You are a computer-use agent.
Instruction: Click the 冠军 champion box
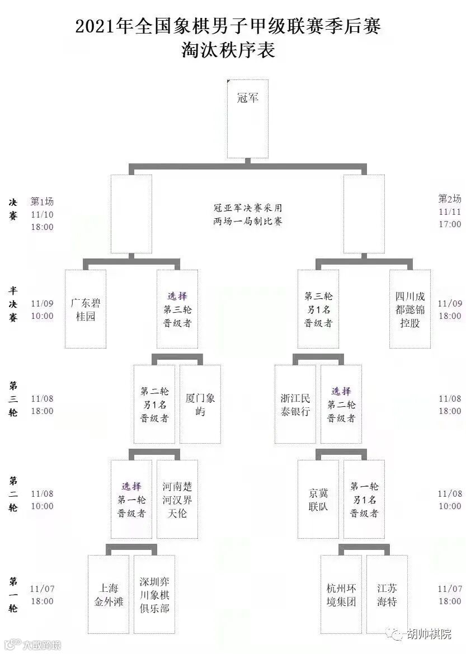[x=247, y=119]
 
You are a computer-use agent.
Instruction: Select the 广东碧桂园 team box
[x=86, y=309]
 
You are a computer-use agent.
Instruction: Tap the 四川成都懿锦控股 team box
[x=410, y=309]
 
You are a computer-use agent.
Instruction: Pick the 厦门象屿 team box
[x=200, y=404]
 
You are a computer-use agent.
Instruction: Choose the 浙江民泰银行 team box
[x=295, y=404]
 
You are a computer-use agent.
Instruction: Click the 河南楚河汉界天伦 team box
[x=177, y=499]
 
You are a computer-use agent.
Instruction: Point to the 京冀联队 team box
[x=318, y=499]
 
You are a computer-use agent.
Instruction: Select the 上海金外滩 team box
[x=109, y=594]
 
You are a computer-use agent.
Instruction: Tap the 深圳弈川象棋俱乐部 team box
[x=154, y=594]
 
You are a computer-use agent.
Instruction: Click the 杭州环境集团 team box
[x=341, y=594]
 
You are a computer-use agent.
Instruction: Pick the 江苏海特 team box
[x=387, y=594]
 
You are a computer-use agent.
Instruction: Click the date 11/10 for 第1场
[x=42, y=214]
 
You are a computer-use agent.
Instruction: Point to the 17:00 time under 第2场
[x=450, y=224]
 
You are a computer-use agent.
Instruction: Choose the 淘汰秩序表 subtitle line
[x=228, y=50]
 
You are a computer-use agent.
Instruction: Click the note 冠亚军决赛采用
[x=248, y=208]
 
